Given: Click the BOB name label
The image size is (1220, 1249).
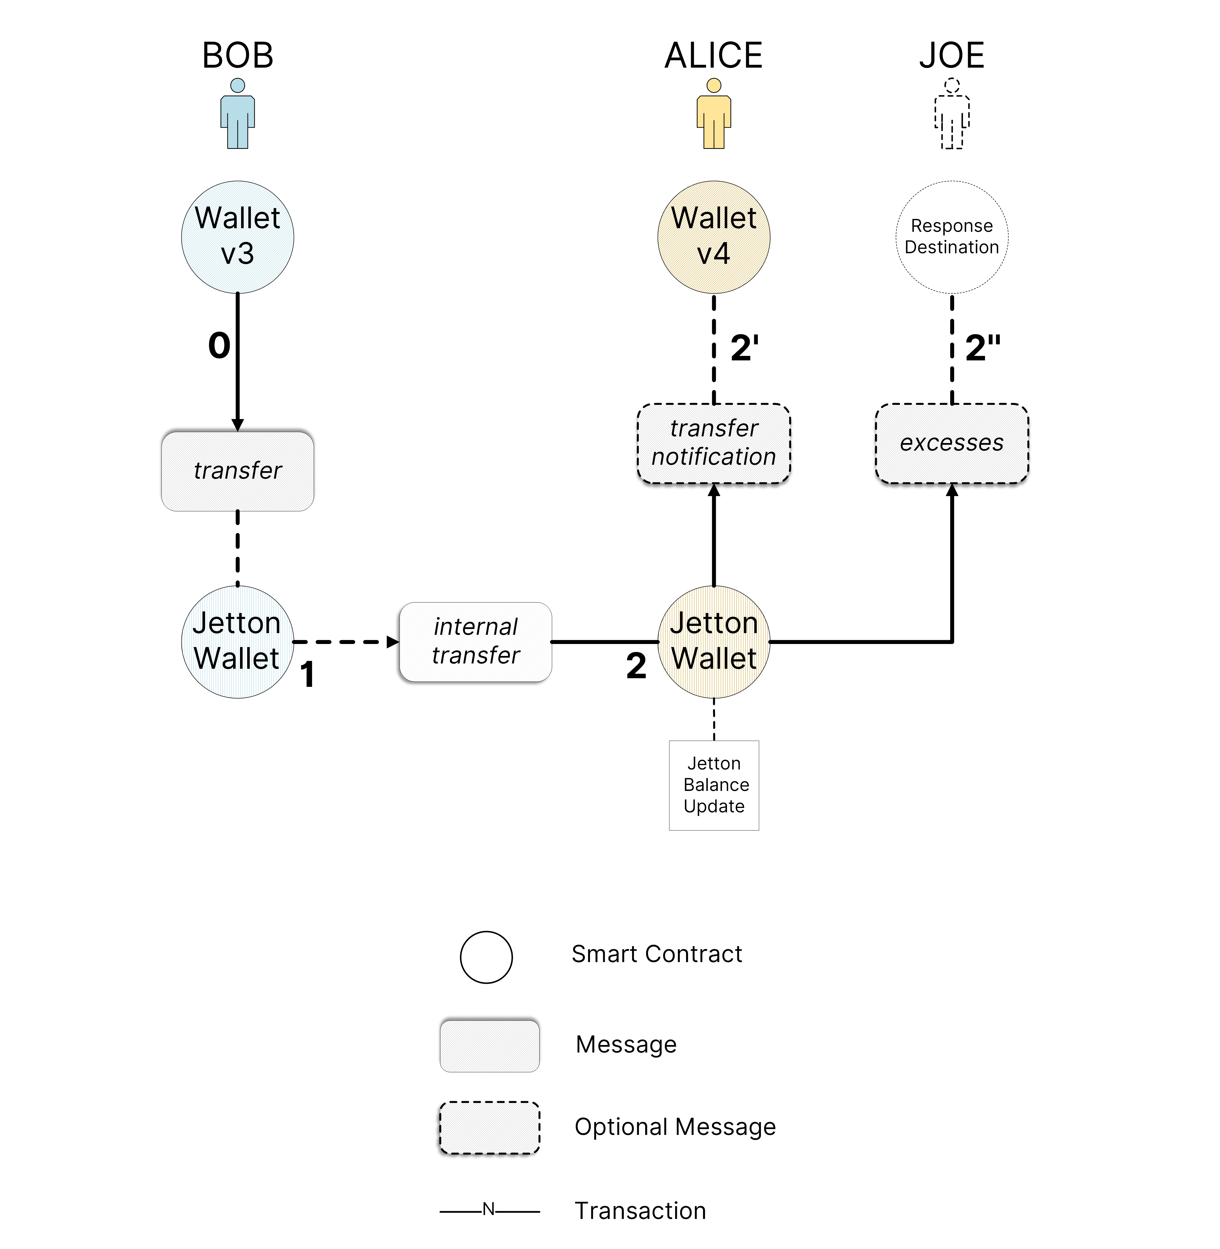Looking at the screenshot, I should point(238,56).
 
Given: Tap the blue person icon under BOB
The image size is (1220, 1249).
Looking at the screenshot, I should point(238,114).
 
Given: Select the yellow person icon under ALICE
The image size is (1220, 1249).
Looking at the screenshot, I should point(714,114).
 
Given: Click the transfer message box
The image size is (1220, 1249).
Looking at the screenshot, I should point(238,471).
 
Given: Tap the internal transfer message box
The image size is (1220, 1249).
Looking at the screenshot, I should point(476,641).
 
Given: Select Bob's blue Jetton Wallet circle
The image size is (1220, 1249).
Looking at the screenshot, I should point(238,641).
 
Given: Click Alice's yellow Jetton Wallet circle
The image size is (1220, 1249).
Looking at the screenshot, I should point(714,641).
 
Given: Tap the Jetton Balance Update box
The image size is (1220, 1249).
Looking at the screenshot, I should point(714,785).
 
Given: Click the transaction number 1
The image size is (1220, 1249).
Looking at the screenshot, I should point(308,675).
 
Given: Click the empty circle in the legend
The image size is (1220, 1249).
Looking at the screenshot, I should point(486,957).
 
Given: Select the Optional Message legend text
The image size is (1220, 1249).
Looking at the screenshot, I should point(675,1127).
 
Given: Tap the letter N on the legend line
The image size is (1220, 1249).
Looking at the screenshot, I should point(489,1209).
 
